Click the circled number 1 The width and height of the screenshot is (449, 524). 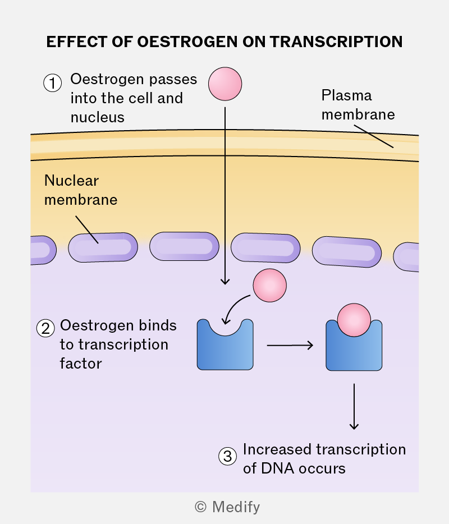point(53,83)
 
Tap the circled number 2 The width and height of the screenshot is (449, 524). point(45,328)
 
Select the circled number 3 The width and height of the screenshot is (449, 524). point(228,456)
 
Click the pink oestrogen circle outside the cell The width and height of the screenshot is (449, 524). point(225,84)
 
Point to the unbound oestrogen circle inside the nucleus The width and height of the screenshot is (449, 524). point(270,286)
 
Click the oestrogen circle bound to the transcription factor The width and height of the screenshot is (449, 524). point(354,320)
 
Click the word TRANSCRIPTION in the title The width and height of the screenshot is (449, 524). point(336,42)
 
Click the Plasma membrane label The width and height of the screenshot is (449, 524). point(358,105)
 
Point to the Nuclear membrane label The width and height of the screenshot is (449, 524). point(81,190)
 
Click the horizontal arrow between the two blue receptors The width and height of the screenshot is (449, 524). point(290,345)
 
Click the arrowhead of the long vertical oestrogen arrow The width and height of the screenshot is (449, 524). point(225,281)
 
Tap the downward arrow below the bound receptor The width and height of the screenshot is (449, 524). point(354,406)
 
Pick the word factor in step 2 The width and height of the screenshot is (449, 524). point(81,364)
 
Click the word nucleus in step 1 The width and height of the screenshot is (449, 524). point(98,117)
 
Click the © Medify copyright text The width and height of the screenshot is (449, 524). point(227,507)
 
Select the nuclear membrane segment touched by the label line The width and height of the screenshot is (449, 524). point(103,247)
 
